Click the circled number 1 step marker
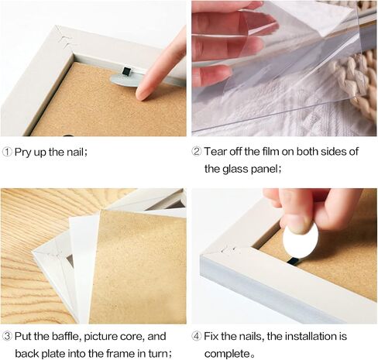[x=7, y=152]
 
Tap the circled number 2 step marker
[x=197, y=152]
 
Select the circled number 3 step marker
[x=7, y=336]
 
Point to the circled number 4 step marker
[x=197, y=336]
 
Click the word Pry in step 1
[x=23, y=153]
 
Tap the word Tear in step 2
[x=215, y=152]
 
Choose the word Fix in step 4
[x=211, y=336]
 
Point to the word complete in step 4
[x=227, y=354]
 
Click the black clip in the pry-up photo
[x=127, y=71]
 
